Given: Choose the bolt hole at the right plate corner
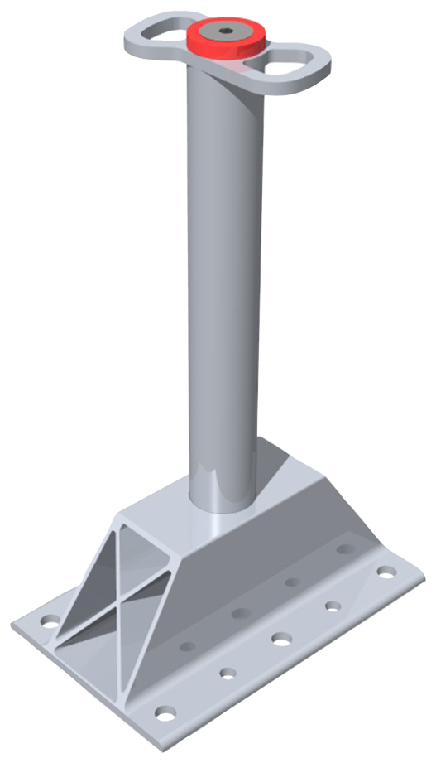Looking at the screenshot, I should [x=386, y=571].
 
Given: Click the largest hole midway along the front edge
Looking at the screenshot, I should [x=281, y=640].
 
